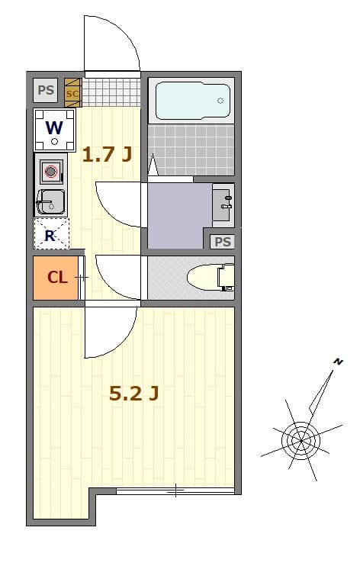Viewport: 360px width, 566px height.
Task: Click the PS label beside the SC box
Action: [46, 90]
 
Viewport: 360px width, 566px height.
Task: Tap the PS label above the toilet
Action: [223, 242]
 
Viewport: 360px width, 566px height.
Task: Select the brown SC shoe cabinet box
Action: [72, 93]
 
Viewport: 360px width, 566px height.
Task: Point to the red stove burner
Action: [51, 172]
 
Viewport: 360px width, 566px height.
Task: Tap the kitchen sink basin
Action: [52, 203]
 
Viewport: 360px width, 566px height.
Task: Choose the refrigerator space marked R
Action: [51, 234]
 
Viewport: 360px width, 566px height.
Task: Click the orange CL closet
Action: [56, 277]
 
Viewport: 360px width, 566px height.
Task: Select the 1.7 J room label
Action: [107, 155]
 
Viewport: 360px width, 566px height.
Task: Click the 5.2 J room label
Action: [133, 394]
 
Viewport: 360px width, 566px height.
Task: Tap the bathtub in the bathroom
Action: [193, 101]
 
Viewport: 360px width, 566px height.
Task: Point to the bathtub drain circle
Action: [220, 100]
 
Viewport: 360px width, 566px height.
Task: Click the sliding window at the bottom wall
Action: [175, 490]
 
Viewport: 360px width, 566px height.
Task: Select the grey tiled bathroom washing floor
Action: [191, 149]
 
